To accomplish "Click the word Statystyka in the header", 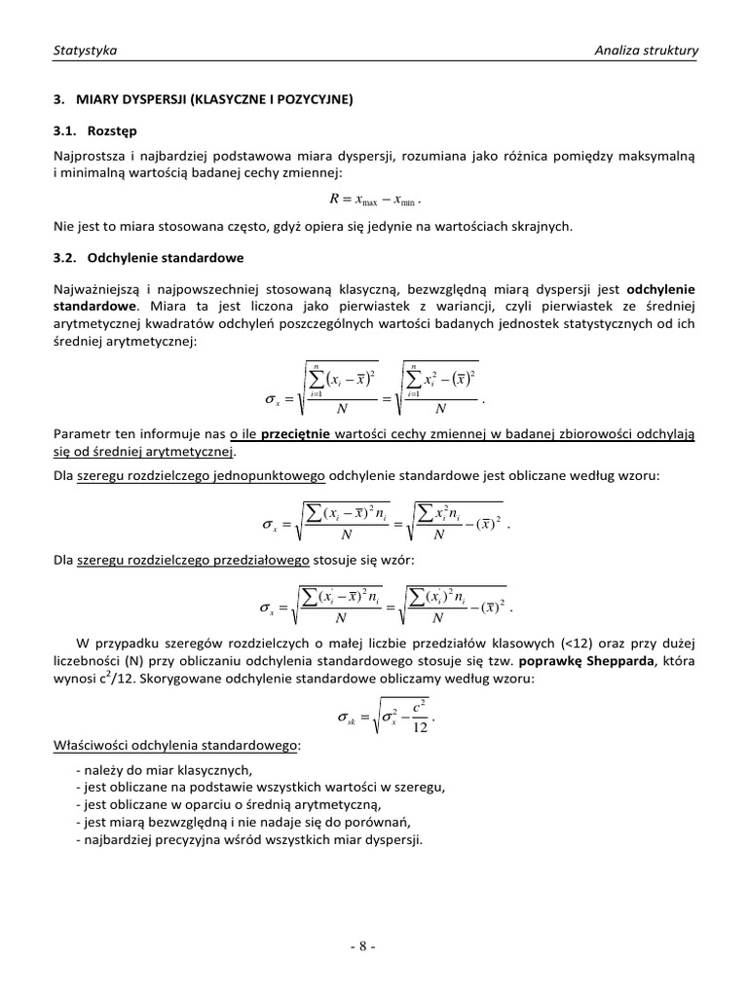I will [85, 50].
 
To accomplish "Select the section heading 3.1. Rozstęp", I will [95, 130].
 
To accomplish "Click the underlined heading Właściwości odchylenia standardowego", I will [176, 745].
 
